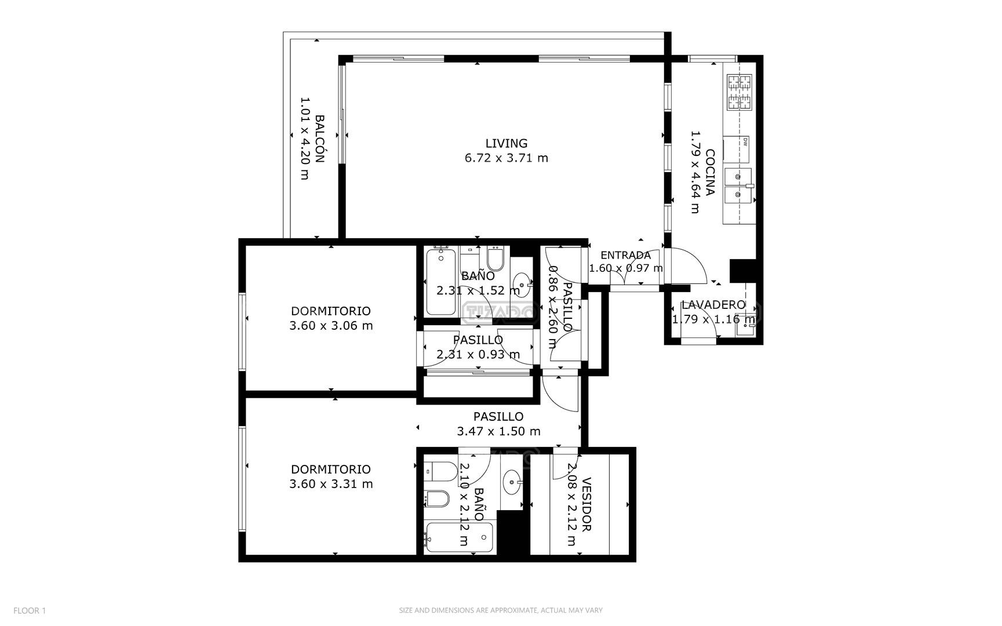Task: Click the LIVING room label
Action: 506,143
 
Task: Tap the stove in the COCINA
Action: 739,92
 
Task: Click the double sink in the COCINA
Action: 738,186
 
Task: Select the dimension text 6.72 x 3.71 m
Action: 506,158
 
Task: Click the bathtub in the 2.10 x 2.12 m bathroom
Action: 459,538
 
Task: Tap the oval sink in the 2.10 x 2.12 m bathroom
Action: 512,482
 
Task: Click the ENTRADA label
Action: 625,255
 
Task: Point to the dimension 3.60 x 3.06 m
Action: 331,326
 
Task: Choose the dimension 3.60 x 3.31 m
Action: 331,484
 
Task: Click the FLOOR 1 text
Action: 30,610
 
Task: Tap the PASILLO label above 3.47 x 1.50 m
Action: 498,416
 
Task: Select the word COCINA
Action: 710,172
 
